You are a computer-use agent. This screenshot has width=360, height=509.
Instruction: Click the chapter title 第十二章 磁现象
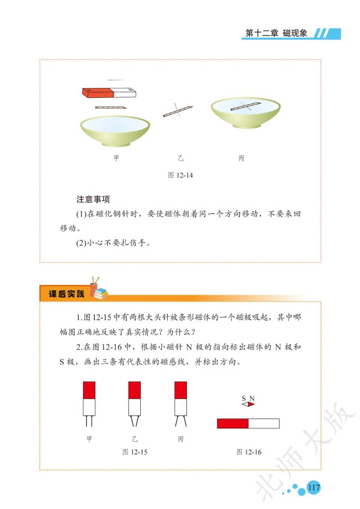276,33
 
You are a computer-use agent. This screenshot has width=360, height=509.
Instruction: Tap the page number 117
313,487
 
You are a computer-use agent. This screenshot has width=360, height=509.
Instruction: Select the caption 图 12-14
180,175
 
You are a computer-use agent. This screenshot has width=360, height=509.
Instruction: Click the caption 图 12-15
135,452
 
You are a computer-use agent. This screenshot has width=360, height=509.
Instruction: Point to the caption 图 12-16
249,452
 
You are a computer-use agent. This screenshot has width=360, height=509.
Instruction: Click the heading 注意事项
93,199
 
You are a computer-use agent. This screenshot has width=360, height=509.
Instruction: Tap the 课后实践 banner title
66,294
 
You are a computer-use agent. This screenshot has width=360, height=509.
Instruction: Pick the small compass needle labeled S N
248,404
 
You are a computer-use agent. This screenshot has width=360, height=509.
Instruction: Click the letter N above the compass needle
252,398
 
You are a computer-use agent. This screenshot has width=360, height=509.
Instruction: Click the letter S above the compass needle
244,398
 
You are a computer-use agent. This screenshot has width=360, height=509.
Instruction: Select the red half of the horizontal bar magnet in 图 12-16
233,423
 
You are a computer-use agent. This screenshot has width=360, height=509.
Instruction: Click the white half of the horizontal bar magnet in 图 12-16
264,423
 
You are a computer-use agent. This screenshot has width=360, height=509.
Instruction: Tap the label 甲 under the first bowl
116,158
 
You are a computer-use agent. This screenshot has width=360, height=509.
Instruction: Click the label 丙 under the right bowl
241,158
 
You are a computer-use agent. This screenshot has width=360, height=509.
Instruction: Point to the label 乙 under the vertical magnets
135,439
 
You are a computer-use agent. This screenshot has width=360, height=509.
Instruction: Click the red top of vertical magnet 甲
89,390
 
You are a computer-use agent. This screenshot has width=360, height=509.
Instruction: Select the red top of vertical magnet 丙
181,390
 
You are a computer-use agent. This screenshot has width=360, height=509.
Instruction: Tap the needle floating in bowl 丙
246,106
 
